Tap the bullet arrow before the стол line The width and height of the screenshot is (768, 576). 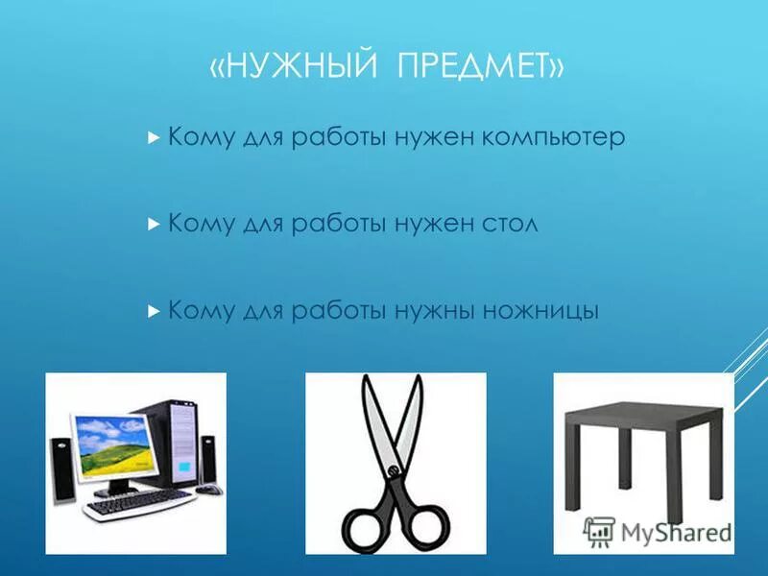click(154, 225)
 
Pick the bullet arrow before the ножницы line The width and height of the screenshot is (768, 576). click(154, 311)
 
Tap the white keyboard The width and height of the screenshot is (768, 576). click(138, 503)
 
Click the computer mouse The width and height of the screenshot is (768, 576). click(208, 490)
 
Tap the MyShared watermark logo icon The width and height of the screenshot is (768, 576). click(600, 531)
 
